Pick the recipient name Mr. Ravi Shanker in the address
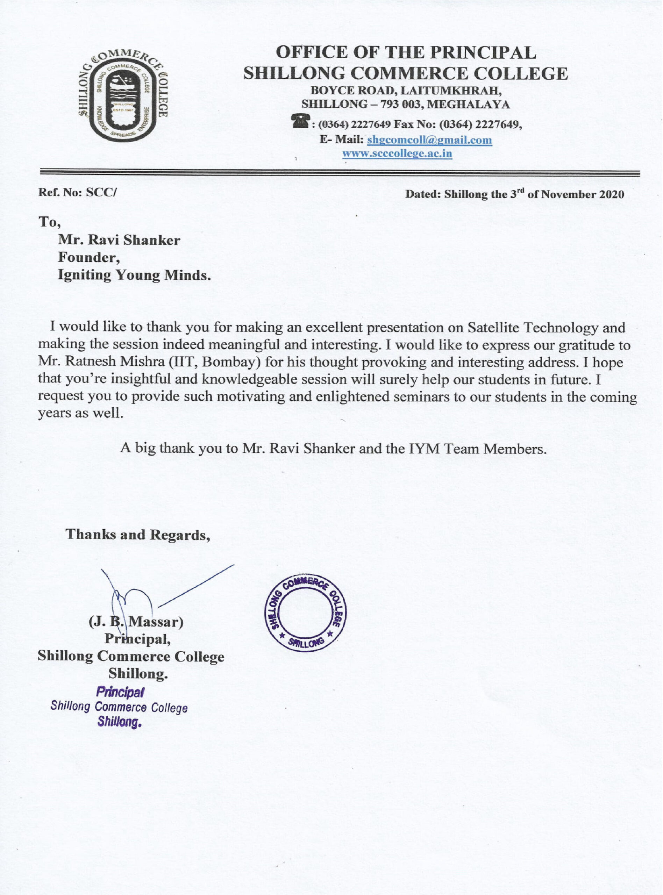pos(119,240)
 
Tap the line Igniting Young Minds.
pos(134,275)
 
